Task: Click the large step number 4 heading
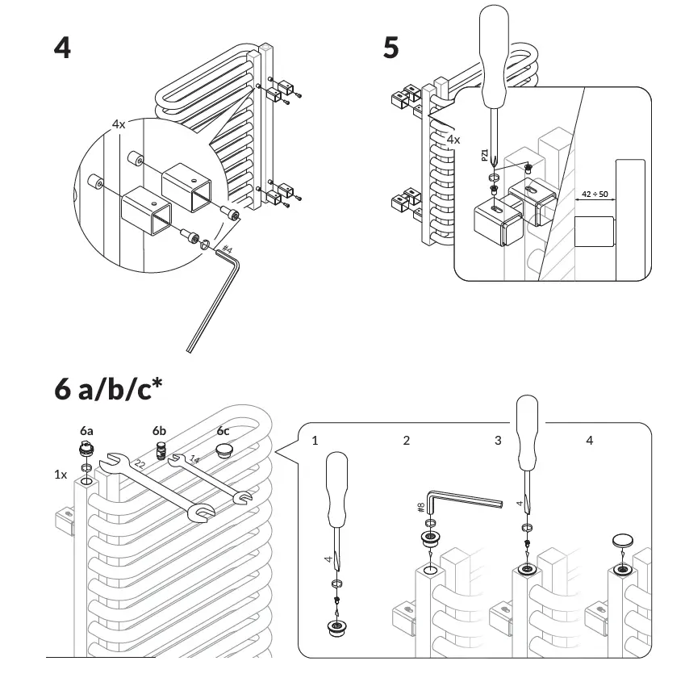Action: [62, 48]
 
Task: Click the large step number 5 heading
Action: [391, 48]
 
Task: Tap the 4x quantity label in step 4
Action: [119, 124]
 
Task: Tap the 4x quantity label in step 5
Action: [453, 139]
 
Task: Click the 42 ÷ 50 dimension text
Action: [594, 195]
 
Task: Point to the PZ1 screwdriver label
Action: [484, 155]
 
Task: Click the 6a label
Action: [87, 430]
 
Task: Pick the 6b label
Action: [161, 430]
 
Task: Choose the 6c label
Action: [223, 430]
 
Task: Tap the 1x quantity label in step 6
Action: [61, 475]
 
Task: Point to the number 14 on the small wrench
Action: [194, 460]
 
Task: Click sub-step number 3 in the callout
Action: [498, 440]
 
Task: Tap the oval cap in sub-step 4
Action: [623, 539]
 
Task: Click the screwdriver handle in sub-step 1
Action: [336, 481]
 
